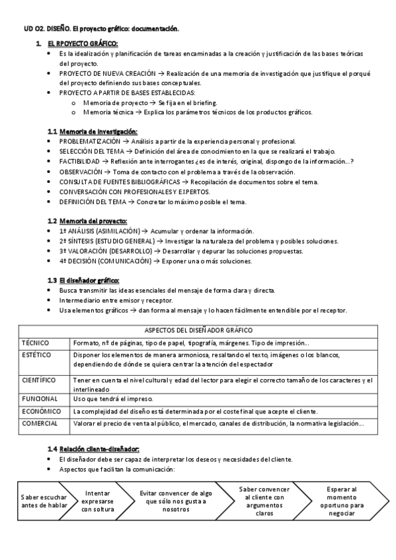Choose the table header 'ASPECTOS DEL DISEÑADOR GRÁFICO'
198,330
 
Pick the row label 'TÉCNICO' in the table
36,343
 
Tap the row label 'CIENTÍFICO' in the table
38,380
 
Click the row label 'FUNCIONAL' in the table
39,399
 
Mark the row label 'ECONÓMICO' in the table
40,411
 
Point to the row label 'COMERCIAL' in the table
40,423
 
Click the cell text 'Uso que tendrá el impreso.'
113,399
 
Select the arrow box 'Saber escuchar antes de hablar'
44,501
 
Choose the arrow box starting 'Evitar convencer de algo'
175,501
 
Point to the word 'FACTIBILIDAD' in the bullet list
79,161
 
